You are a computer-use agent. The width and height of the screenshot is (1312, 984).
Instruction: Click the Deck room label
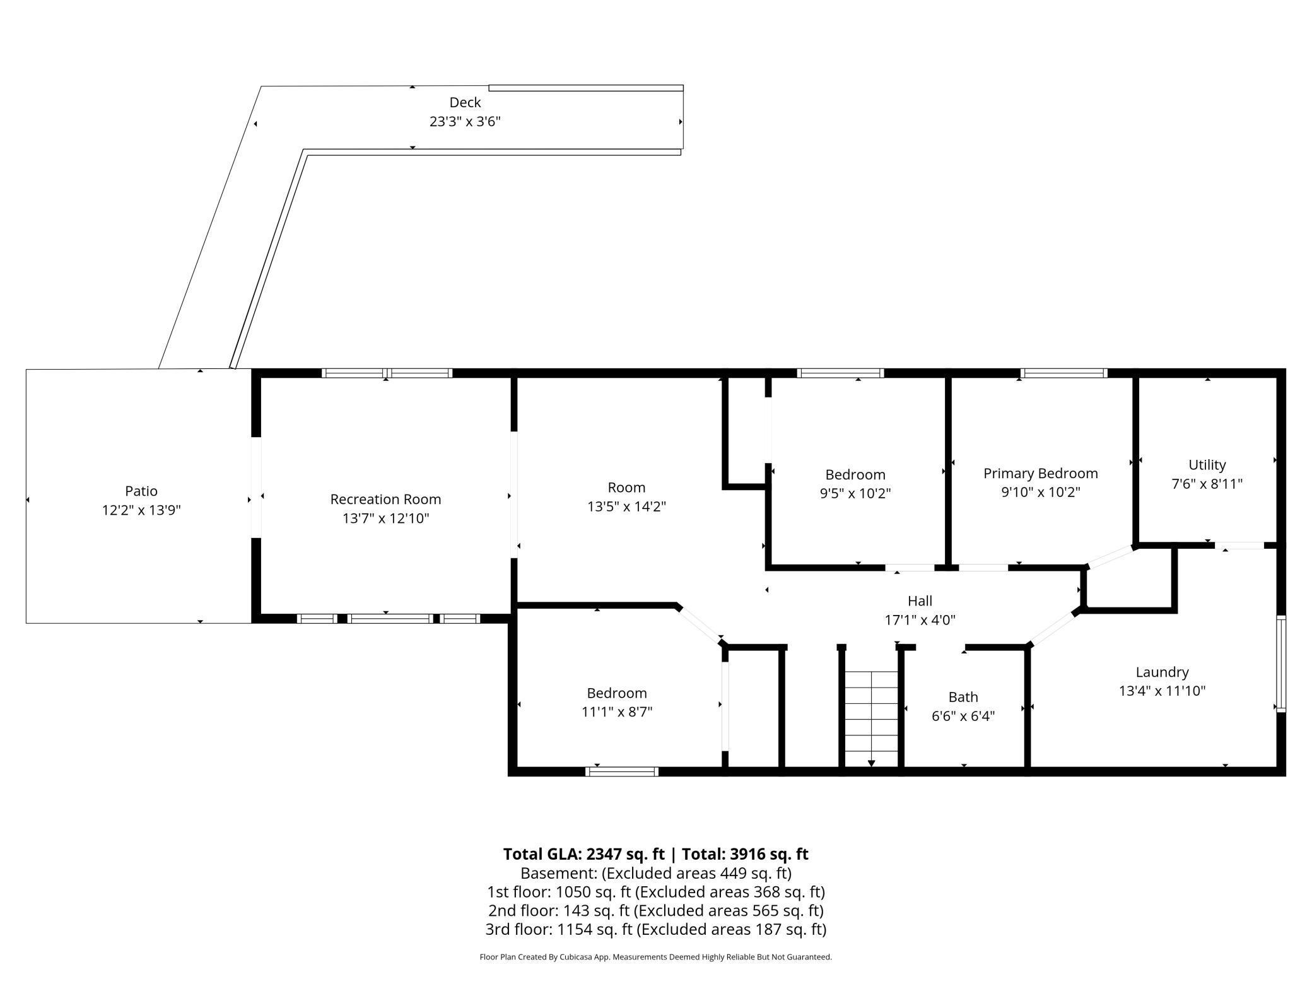(x=465, y=102)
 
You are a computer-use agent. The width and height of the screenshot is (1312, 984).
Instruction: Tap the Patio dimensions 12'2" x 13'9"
(x=141, y=510)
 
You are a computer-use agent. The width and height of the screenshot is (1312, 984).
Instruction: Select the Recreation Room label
(x=385, y=499)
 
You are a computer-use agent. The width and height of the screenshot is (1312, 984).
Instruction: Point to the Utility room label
(x=1207, y=465)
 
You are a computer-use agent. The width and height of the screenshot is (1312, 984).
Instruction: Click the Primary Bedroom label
(x=1040, y=473)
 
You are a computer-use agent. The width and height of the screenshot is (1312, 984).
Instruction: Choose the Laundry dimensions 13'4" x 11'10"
(x=1162, y=691)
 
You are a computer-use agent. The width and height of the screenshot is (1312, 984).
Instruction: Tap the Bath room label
(x=963, y=697)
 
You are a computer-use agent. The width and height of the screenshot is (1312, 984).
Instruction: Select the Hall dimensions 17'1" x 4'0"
(x=920, y=620)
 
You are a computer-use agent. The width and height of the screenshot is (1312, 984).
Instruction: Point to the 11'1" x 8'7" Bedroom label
(x=616, y=693)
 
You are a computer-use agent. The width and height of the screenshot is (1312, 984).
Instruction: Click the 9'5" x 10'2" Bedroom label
(x=855, y=474)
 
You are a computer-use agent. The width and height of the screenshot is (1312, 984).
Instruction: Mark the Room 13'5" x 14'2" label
(x=626, y=488)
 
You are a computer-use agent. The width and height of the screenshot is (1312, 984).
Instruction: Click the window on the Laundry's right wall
(x=1281, y=664)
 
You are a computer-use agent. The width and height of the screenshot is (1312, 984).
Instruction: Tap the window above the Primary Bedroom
(x=1063, y=373)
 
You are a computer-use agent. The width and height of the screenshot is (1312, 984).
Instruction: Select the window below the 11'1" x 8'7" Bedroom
(x=621, y=771)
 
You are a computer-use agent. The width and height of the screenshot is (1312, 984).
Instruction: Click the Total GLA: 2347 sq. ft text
(x=583, y=854)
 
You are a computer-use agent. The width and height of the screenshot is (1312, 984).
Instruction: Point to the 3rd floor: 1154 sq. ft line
(x=655, y=929)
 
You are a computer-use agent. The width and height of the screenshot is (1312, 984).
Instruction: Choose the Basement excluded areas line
(x=655, y=873)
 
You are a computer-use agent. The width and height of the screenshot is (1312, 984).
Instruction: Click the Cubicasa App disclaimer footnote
(x=655, y=957)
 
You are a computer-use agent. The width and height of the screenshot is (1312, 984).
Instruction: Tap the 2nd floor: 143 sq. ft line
(x=655, y=910)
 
